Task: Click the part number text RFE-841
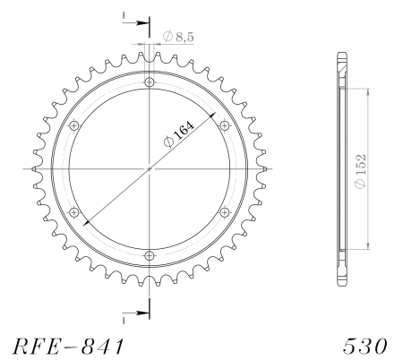click(x=64, y=345)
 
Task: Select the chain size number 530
click(x=367, y=345)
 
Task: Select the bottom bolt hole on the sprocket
click(x=149, y=253)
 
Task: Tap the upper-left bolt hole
click(x=74, y=125)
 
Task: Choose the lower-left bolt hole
click(x=74, y=211)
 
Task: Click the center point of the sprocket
click(x=149, y=168)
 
